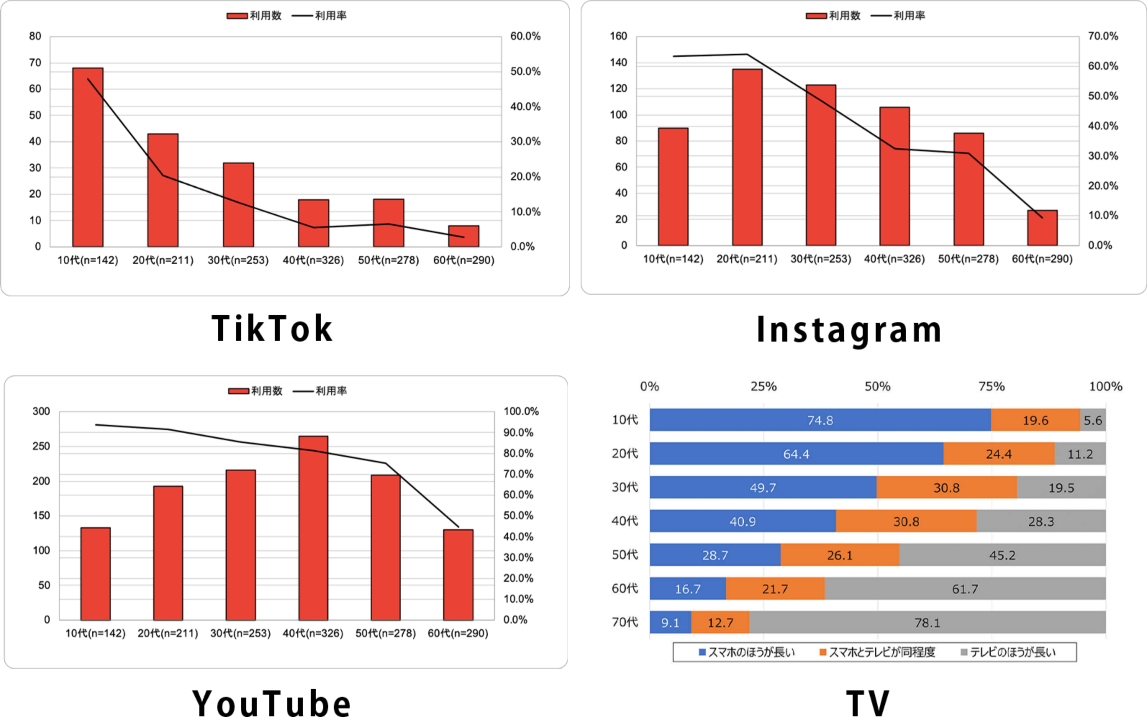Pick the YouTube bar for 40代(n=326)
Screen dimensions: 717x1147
point(313,528)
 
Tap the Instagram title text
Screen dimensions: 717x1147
point(849,330)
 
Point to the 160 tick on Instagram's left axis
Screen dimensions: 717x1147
point(618,36)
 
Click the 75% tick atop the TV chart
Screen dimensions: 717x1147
point(992,387)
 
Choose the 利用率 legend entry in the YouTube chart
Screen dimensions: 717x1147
point(320,391)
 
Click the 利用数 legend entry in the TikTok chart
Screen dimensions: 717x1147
point(255,16)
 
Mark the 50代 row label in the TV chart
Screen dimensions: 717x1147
point(625,555)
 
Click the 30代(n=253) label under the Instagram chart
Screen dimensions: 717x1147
point(821,259)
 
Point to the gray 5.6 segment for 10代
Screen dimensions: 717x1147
point(1092,420)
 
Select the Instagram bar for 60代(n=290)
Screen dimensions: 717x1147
point(1042,228)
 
